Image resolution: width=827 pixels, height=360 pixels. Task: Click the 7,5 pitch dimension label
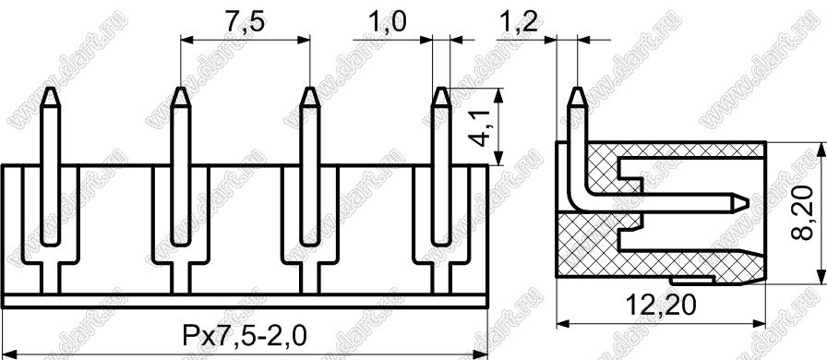tap(245, 24)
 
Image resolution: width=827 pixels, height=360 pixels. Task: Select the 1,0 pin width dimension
tap(388, 24)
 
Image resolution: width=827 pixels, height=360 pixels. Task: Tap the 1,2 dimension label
tap(516, 24)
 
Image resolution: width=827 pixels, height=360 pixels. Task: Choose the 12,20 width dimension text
tap(661, 306)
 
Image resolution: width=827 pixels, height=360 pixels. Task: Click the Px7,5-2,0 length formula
tap(244, 336)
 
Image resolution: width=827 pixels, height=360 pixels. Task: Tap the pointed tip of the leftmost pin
tap(50, 88)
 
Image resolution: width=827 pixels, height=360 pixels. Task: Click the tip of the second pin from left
tap(180, 88)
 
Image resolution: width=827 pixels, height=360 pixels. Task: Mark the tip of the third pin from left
tap(309, 88)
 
